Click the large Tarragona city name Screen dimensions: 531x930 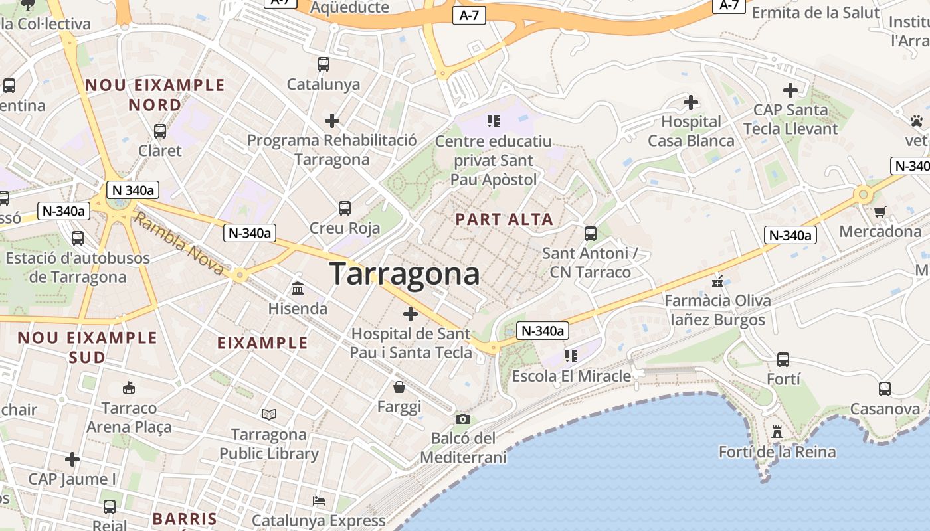point(404,273)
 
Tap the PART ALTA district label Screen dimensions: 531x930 point(504,220)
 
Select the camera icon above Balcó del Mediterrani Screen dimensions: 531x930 point(463,419)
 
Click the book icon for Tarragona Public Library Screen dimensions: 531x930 point(268,415)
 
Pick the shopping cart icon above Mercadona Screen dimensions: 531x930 point(880,212)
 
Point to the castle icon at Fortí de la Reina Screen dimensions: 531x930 point(777,432)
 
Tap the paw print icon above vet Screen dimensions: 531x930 point(917,121)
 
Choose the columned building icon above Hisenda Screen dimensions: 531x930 point(298,289)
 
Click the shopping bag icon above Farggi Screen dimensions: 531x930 point(399,386)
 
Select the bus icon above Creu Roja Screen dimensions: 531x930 point(344,208)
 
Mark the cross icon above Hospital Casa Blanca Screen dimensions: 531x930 point(691,102)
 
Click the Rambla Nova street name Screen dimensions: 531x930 point(179,243)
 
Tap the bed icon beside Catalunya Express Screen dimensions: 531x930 point(319,500)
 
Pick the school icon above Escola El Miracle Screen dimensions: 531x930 point(571,356)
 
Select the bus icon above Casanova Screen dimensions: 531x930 point(884,389)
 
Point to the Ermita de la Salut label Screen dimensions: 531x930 point(816,12)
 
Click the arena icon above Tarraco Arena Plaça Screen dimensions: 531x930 point(129,388)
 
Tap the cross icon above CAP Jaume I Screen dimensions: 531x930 point(72,459)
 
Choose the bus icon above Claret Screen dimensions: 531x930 point(159,131)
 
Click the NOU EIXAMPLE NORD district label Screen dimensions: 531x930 point(155,95)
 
